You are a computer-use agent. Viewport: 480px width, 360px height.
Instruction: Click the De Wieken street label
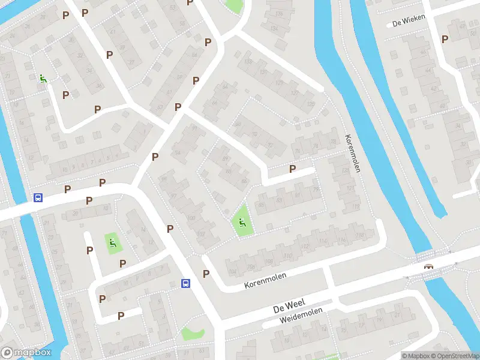(408, 20)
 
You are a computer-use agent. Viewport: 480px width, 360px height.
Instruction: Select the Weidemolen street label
(301, 317)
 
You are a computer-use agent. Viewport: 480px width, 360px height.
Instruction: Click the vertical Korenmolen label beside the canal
(352, 153)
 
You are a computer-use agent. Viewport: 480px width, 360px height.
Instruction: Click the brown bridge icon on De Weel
(428, 266)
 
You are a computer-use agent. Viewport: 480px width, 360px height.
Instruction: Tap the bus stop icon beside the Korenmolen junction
(186, 283)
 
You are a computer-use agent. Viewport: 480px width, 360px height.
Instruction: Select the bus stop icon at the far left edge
(38, 197)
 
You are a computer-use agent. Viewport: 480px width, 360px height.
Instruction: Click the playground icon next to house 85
(242, 224)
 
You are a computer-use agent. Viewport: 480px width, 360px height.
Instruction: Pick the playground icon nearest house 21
(43, 78)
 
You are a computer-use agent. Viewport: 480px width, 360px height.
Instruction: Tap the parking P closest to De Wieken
(445, 39)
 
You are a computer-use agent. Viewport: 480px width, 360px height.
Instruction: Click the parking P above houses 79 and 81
(292, 169)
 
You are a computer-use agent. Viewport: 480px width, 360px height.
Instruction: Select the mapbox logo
(26, 353)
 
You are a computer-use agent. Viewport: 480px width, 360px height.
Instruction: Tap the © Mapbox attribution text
(414, 356)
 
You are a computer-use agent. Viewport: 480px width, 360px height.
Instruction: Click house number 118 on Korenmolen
(359, 235)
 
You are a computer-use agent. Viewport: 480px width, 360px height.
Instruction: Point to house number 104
(233, 272)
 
